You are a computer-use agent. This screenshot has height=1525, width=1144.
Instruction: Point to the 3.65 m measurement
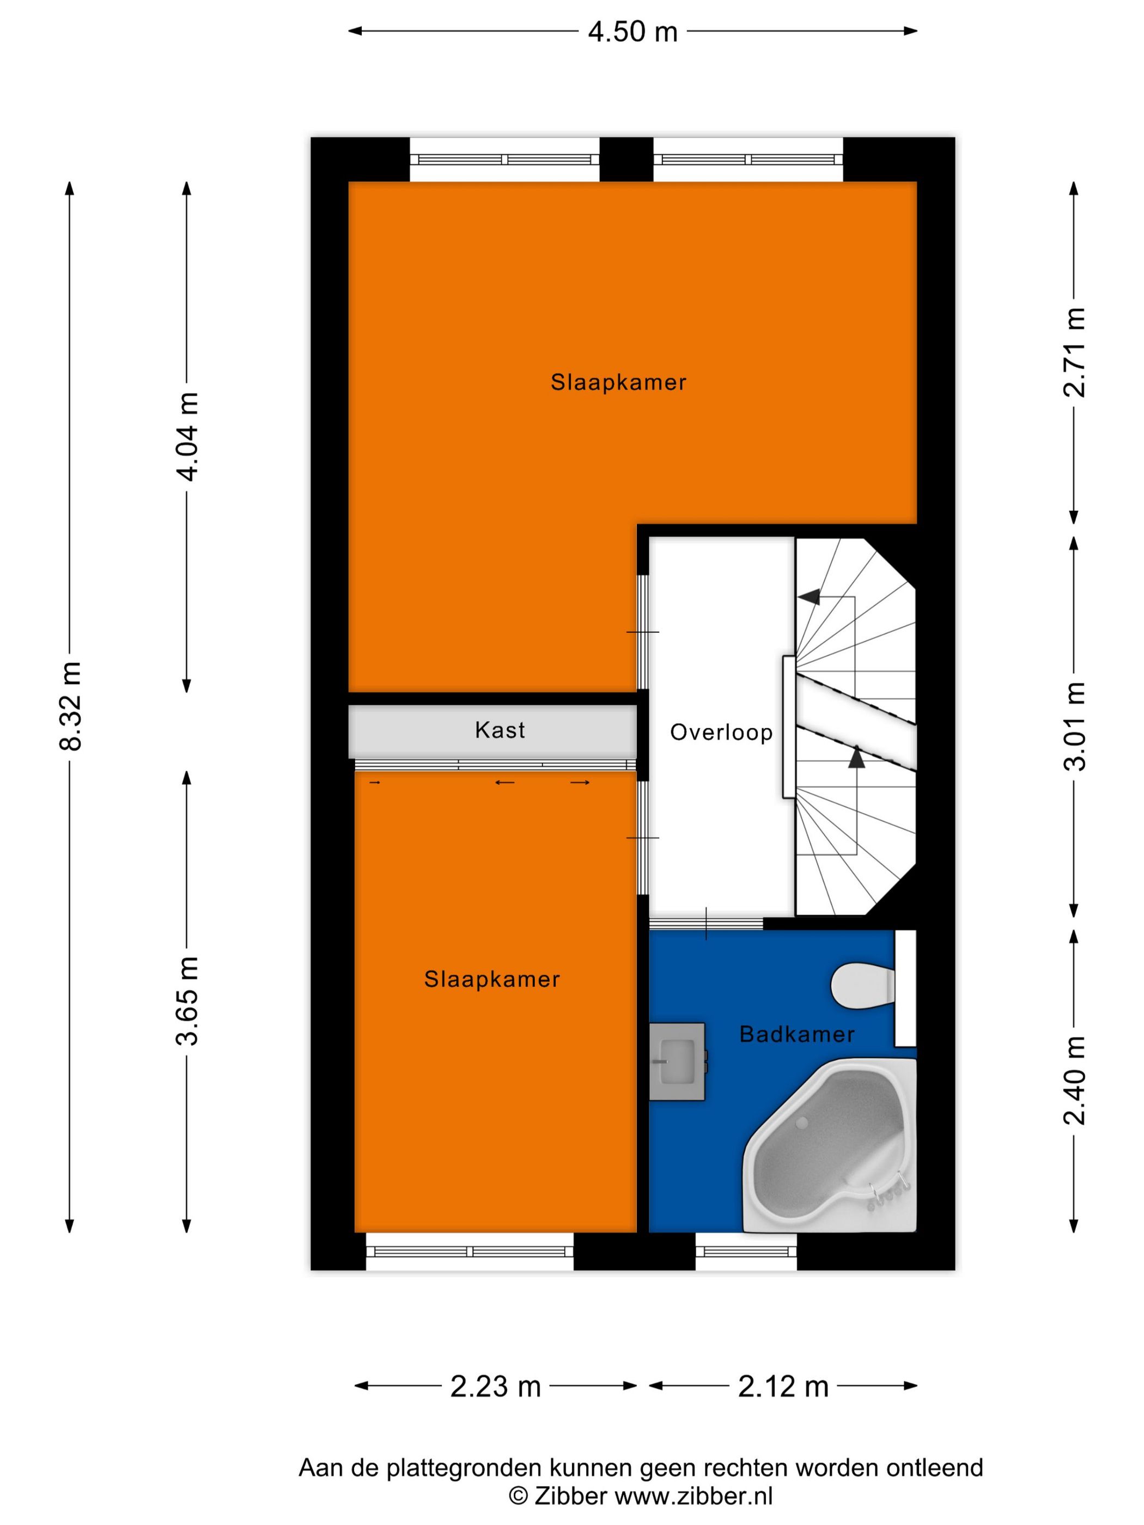[x=187, y=1001]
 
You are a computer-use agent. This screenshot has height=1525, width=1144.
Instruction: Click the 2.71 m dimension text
[x=1074, y=352]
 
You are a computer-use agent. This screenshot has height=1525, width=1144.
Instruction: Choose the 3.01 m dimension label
[x=1074, y=725]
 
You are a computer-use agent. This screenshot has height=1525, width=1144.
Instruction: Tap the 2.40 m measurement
[x=1074, y=1081]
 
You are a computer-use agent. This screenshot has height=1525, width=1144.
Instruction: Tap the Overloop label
[x=721, y=732]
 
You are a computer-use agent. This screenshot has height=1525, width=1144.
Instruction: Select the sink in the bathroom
[x=677, y=1061]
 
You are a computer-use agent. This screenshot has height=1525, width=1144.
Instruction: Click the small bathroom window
[x=745, y=1250]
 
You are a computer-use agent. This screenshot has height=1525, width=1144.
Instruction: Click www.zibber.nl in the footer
[x=693, y=1496]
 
